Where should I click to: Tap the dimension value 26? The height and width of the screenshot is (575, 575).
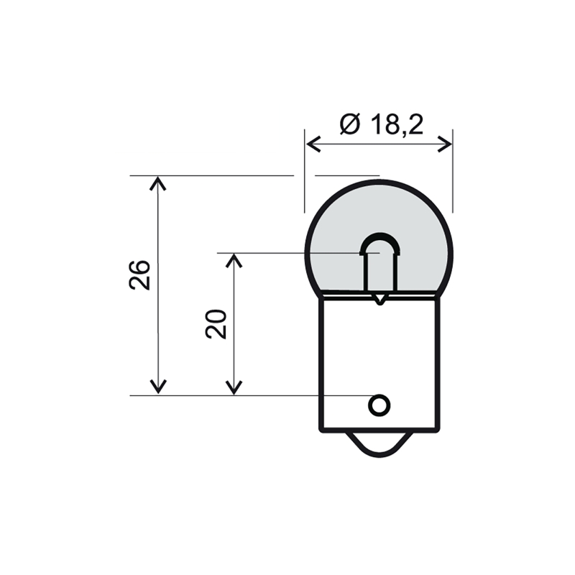pos(140,274)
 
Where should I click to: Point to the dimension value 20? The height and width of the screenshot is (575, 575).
pos(216,324)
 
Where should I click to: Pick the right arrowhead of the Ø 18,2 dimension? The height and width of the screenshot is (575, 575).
pos(446,143)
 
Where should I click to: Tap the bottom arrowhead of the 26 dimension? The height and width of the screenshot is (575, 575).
pos(157,388)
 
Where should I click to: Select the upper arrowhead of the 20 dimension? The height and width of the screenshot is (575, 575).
pos(234,259)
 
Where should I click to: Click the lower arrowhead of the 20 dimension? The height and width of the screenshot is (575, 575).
pos(234,388)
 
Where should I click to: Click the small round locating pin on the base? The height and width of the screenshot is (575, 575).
pos(379,405)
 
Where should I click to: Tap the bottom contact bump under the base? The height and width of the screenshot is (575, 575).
pos(379,446)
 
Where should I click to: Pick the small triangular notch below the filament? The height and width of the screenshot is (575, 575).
pos(379,298)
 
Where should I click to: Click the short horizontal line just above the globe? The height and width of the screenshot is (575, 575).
pos(347,175)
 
